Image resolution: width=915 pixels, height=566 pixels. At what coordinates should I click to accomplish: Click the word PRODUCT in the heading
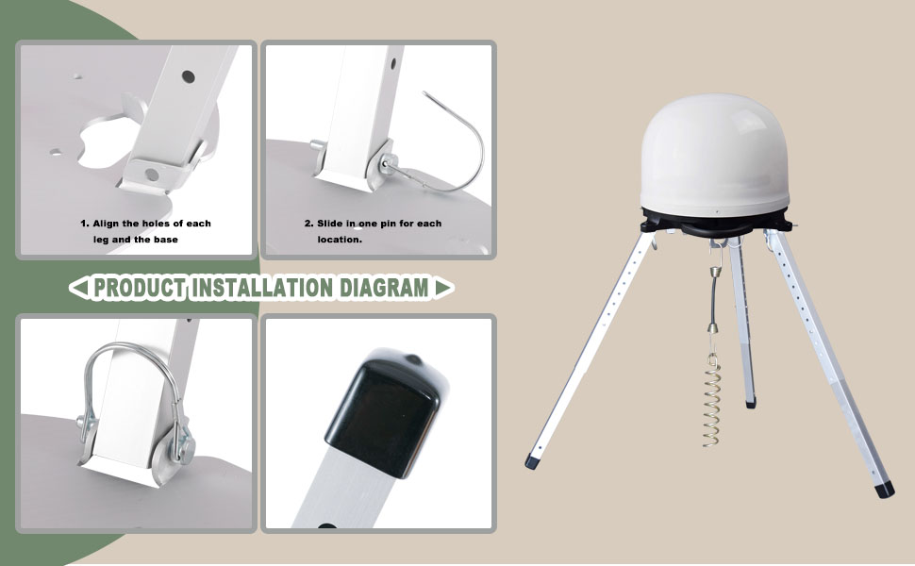pyautogui.click(x=139, y=288)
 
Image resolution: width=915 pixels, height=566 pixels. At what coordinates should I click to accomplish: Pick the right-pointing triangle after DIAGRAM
pyautogui.click(x=442, y=287)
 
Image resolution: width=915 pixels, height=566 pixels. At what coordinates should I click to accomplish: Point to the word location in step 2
pyautogui.click(x=338, y=240)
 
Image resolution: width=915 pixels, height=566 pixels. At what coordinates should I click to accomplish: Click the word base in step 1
pyautogui.click(x=165, y=240)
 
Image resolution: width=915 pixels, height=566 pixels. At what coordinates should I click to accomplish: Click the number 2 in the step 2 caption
pyautogui.click(x=308, y=224)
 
